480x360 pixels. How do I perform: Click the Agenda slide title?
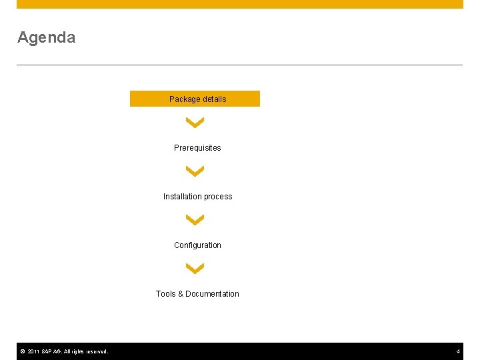point(46,37)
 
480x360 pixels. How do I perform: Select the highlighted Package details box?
point(195,99)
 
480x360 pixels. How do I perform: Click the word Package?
point(184,99)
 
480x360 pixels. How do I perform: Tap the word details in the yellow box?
point(213,99)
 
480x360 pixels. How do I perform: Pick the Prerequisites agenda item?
point(197,148)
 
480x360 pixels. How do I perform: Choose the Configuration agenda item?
point(197,245)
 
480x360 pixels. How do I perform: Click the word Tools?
point(165,294)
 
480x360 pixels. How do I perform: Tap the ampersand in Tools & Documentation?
point(181,294)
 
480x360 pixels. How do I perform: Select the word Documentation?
point(212,294)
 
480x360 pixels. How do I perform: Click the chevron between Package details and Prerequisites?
point(195,123)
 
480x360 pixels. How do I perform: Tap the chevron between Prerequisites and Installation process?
point(195,171)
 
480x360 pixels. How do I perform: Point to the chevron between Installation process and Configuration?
point(195,220)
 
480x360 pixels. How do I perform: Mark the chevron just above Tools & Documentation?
point(195,269)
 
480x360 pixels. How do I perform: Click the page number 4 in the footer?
point(458,351)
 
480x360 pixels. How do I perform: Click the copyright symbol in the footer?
point(22,351)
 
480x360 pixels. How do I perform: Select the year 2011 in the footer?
point(33,351)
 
